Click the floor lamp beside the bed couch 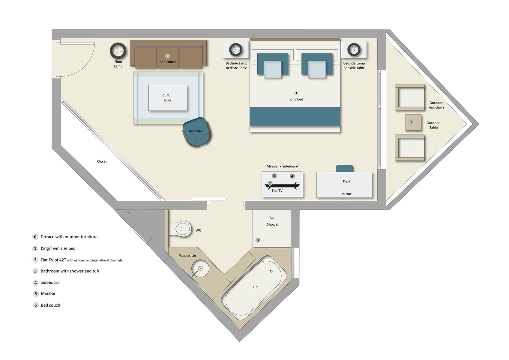(118, 51)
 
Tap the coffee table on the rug (167, 98)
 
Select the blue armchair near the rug (197, 132)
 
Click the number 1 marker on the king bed (296, 93)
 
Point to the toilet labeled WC (181, 229)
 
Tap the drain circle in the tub (271, 271)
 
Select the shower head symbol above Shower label (272, 218)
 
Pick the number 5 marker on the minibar (274, 176)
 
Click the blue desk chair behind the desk (344, 168)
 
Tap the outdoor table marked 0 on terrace (413, 122)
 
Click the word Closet (102, 161)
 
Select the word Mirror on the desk (346, 194)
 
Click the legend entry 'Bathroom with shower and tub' (70, 271)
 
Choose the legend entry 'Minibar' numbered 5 (48, 293)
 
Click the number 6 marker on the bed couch (167, 56)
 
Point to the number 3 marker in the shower (258, 240)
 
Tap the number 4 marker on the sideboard (292, 176)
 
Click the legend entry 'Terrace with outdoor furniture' (69, 237)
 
